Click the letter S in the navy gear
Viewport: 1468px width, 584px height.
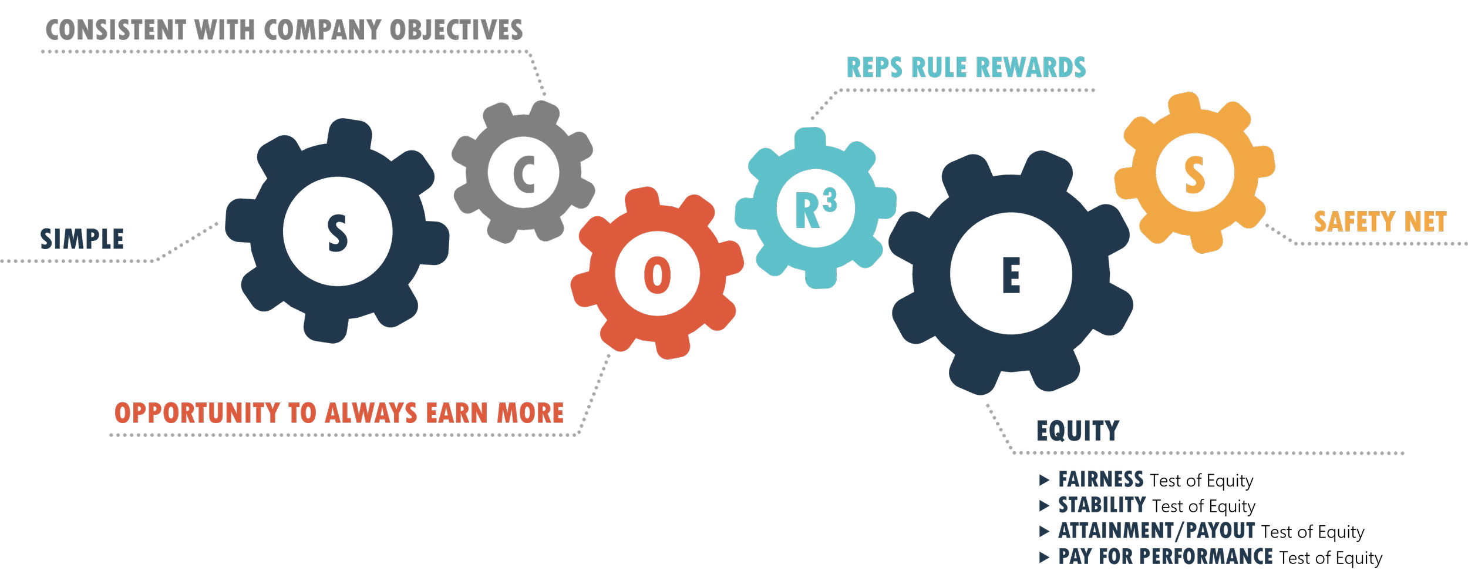click(337, 233)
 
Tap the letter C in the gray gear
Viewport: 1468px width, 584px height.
click(524, 174)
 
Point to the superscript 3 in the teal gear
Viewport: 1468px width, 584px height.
click(830, 201)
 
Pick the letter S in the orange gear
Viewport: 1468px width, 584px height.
click(1194, 174)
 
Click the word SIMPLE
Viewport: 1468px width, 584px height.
click(82, 239)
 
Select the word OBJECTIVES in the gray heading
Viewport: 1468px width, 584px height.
click(456, 31)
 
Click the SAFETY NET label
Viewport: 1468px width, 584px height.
click(1380, 222)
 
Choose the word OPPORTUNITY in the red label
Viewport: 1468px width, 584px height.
click(197, 413)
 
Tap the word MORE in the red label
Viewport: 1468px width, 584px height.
click(530, 413)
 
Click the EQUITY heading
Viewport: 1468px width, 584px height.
click(1078, 431)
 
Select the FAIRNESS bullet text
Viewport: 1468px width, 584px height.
click(1101, 479)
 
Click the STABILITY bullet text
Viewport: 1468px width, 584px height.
click(1102, 505)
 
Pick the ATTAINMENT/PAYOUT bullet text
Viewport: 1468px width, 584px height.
click(1156, 531)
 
